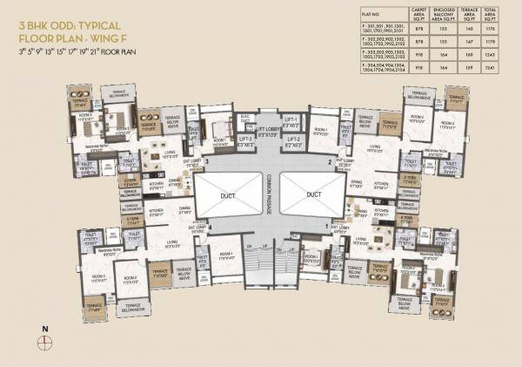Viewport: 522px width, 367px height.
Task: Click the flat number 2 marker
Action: point(330,162)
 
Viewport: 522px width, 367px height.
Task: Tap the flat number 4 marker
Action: point(211,227)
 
